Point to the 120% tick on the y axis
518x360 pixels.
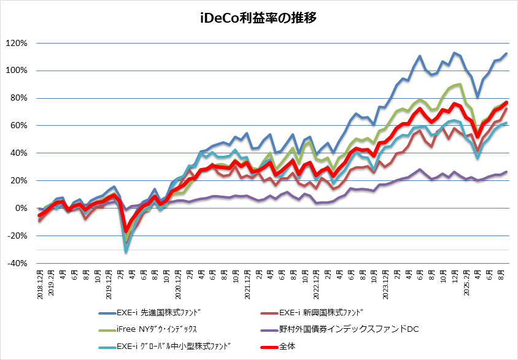coord(16,44)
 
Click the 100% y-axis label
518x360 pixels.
coord(16,71)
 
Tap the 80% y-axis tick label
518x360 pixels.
coord(18,98)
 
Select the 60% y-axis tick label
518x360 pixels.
coord(18,126)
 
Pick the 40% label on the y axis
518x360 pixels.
coord(18,153)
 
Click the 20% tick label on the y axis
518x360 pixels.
coord(18,181)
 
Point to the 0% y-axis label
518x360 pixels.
coord(20,209)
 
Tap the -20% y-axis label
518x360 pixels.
coord(17,236)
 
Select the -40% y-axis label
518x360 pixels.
coord(17,264)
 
